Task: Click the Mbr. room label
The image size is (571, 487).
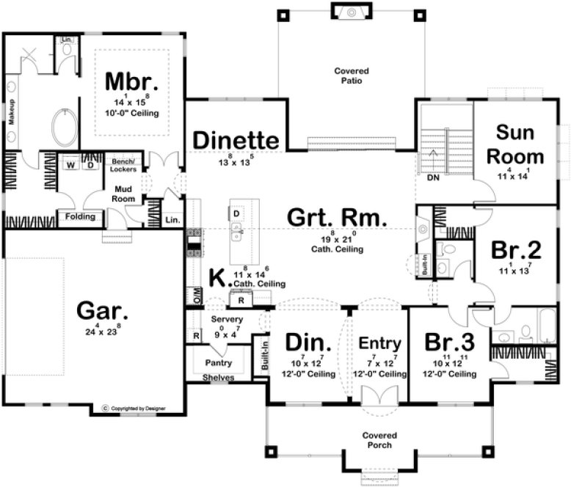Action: pos(132,80)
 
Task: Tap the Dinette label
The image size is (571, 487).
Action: pos(236,139)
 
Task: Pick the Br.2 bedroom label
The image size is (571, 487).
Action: pos(516,251)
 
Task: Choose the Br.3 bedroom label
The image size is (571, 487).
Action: pos(448,343)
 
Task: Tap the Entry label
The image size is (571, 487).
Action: pos(379,343)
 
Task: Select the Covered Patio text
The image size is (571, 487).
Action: pos(353,76)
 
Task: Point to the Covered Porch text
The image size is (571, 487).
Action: pos(379,440)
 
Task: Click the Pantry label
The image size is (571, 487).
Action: pos(219,363)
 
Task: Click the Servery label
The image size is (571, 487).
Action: pos(227,320)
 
